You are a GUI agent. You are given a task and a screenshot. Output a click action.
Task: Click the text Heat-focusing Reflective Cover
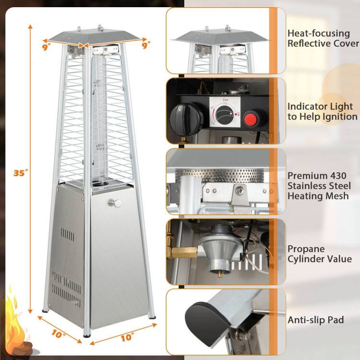323,38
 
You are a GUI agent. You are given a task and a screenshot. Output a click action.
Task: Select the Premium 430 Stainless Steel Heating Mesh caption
319,185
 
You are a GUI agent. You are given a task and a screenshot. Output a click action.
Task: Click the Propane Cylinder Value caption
319,254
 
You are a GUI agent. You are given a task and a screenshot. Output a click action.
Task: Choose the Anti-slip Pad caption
315,320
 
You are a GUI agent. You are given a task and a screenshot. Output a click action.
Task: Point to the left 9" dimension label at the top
47,47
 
